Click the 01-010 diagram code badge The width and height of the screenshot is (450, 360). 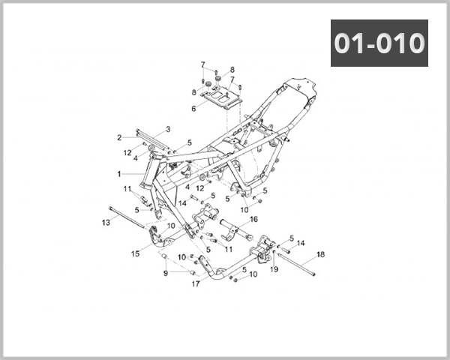[x=379, y=43]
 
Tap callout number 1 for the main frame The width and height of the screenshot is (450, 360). [x=118, y=173]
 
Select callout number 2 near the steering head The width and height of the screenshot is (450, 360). [x=119, y=137]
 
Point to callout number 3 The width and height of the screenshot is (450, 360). [x=168, y=129]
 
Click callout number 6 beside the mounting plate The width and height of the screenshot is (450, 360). [x=193, y=108]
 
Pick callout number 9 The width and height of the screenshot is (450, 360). [x=166, y=272]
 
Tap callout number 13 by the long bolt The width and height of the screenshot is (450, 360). [x=106, y=223]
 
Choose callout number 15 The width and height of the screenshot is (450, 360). [x=136, y=253]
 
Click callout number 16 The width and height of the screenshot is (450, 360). [x=253, y=219]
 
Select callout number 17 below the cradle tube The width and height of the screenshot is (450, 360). [x=196, y=284]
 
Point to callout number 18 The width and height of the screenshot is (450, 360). [x=320, y=255]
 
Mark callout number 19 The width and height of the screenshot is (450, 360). [x=274, y=268]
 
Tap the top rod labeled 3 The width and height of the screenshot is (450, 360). [x=150, y=135]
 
